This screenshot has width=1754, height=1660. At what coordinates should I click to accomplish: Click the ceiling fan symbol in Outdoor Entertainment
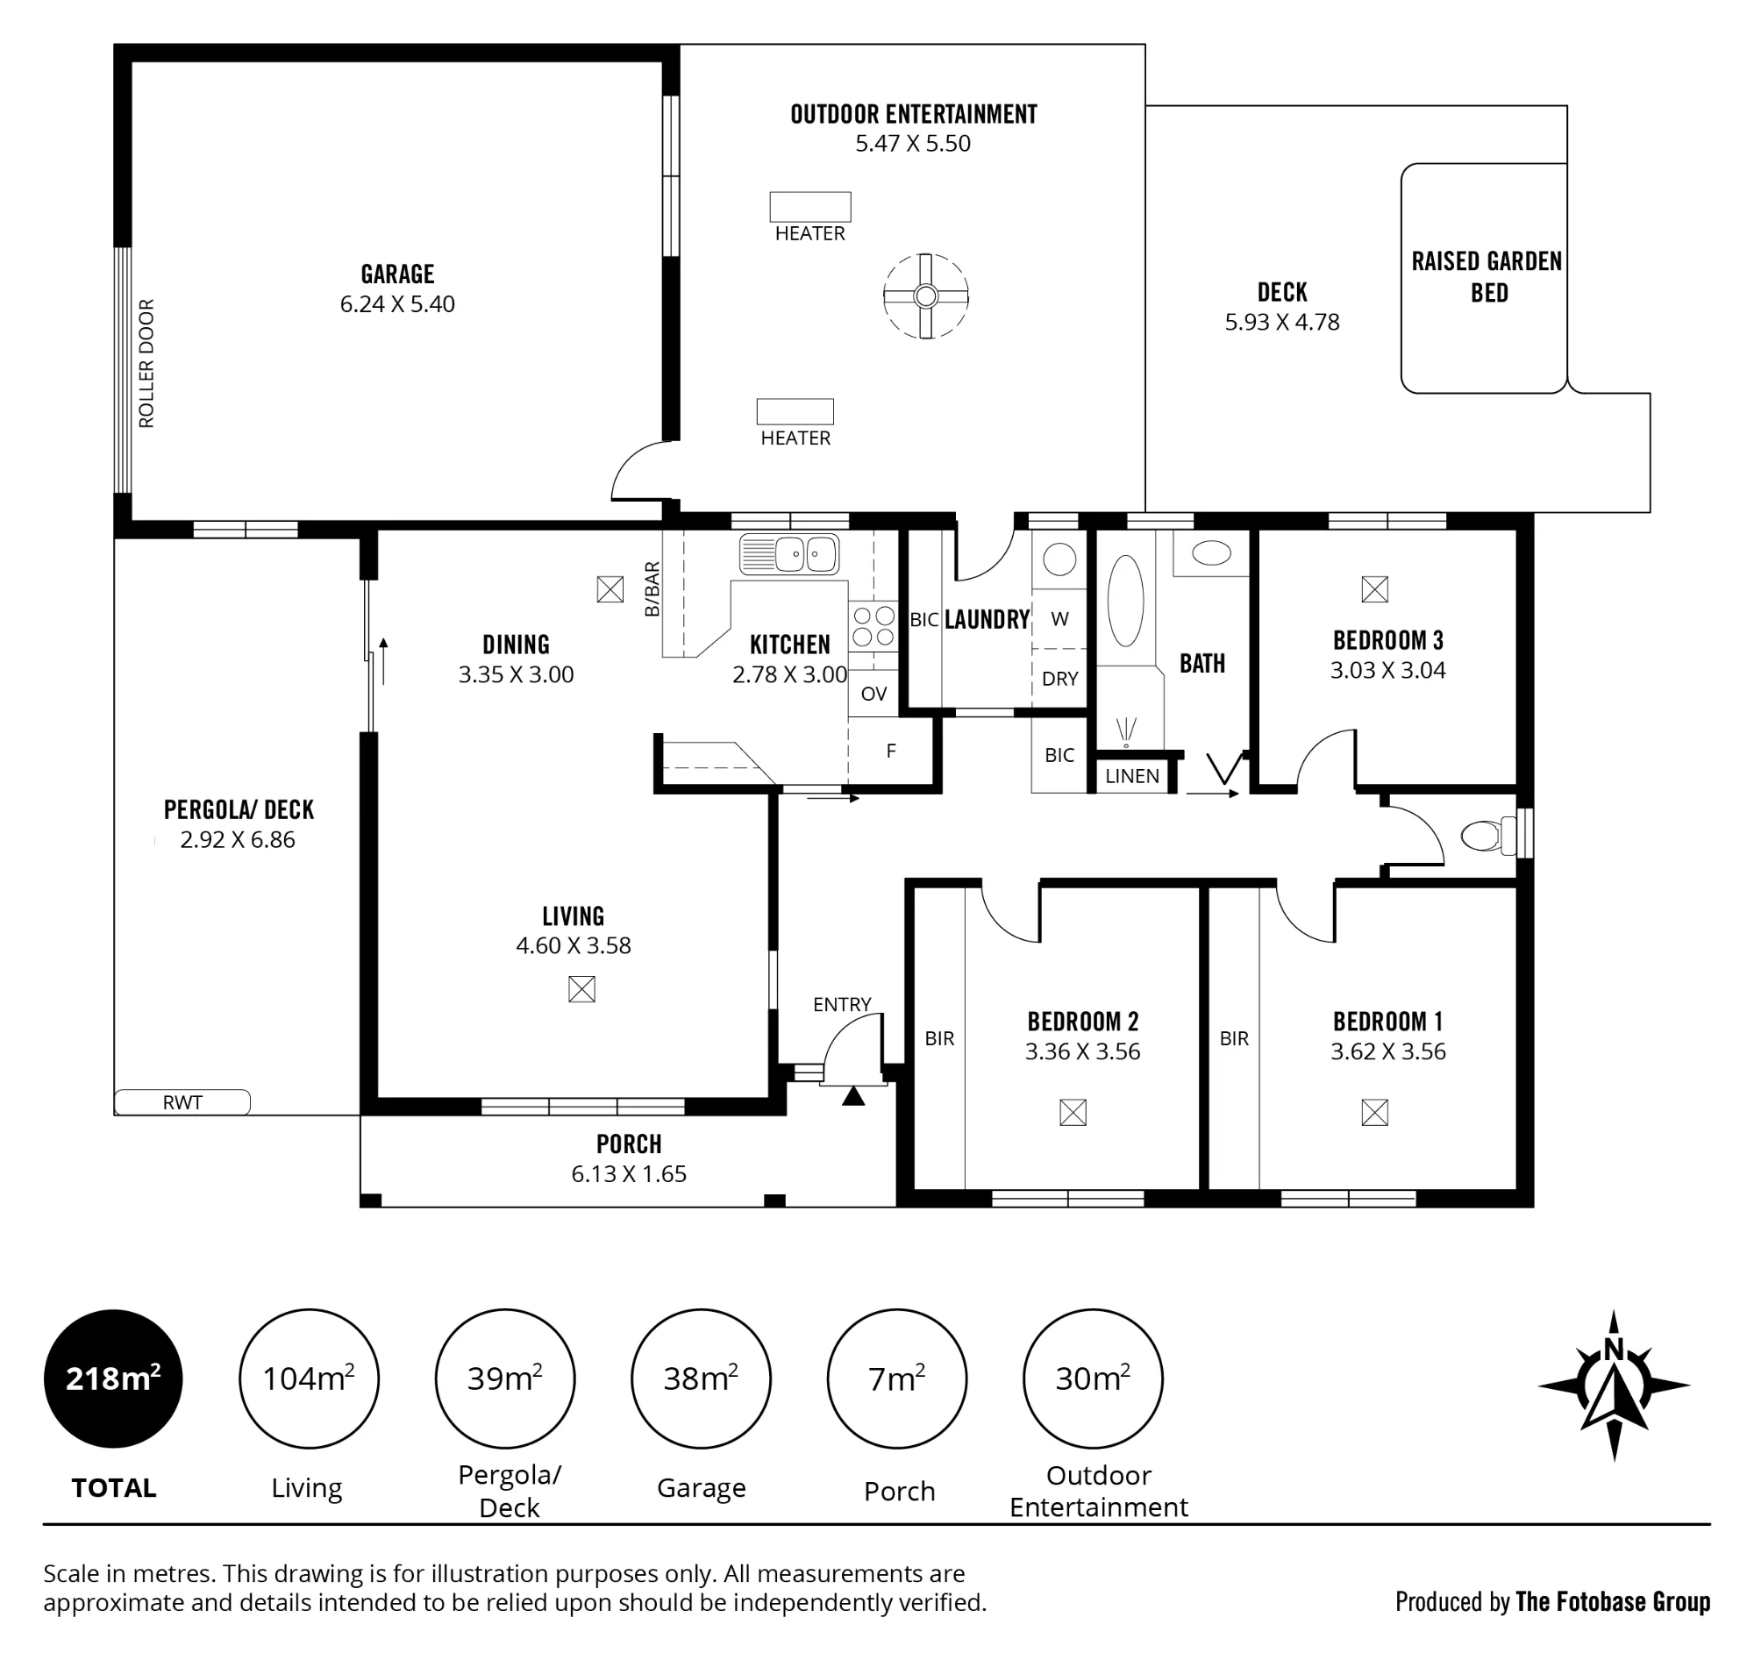pyautogui.click(x=925, y=296)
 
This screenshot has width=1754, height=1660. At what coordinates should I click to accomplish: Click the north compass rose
pyautogui.click(x=1614, y=1386)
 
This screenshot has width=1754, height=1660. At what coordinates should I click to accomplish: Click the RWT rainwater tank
pyautogui.click(x=182, y=1101)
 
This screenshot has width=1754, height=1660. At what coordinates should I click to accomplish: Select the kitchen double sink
pyautogui.click(x=789, y=555)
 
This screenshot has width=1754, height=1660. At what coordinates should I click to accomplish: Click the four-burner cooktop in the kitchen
pyautogui.click(x=873, y=625)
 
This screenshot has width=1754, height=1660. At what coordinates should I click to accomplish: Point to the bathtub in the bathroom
pyautogui.click(x=1126, y=601)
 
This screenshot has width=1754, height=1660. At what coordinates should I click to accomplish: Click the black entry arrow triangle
pyautogui.click(x=852, y=1096)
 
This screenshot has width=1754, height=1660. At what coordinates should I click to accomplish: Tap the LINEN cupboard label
pyautogui.click(x=1132, y=776)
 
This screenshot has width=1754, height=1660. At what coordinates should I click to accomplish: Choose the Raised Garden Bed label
pyautogui.click(x=1487, y=277)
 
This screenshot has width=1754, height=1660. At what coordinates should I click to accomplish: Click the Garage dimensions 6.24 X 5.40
pyautogui.click(x=397, y=303)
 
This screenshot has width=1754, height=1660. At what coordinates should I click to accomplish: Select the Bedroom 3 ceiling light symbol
pyautogui.click(x=1374, y=589)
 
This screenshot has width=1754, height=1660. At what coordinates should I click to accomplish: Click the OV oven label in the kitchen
pyautogui.click(x=873, y=694)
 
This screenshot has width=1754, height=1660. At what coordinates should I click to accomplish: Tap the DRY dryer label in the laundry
pyautogui.click(x=1059, y=679)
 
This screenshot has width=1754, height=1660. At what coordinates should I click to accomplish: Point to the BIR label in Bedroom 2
pyautogui.click(x=939, y=1038)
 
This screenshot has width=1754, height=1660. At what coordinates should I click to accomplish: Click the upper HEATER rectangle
pyautogui.click(x=809, y=207)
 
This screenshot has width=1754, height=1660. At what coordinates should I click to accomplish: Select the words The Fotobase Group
pyautogui.click(x=1613, y=1601)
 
